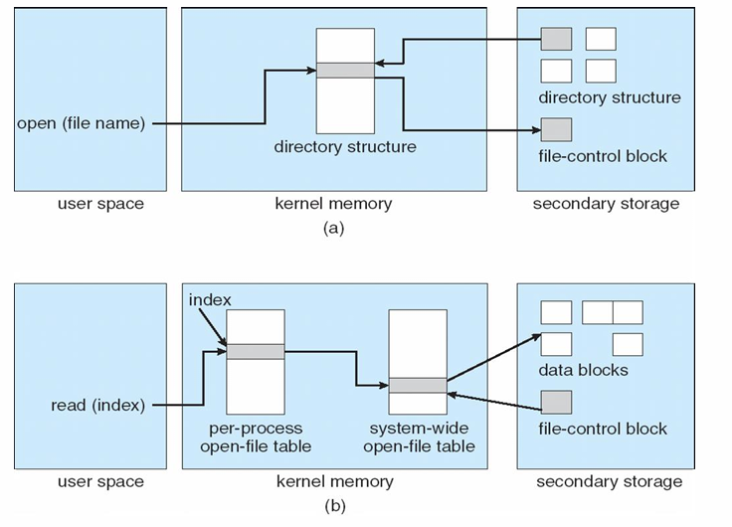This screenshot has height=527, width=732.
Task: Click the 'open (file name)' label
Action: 82,124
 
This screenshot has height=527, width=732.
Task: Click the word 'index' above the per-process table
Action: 210,299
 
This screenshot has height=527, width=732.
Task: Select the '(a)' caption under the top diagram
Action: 334,227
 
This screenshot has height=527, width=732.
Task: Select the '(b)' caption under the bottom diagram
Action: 334,505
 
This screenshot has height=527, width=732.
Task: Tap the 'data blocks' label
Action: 583,370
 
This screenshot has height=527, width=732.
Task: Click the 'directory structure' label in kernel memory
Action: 345,147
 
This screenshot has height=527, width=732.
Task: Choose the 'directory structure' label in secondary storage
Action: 610,97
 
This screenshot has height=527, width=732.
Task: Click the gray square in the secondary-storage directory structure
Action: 556,39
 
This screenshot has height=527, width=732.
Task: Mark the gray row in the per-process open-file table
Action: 256,350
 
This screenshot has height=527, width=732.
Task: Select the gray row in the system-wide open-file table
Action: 417,385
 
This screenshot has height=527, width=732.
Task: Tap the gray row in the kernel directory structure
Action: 344,70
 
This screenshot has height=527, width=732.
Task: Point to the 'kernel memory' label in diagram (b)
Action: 334,482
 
